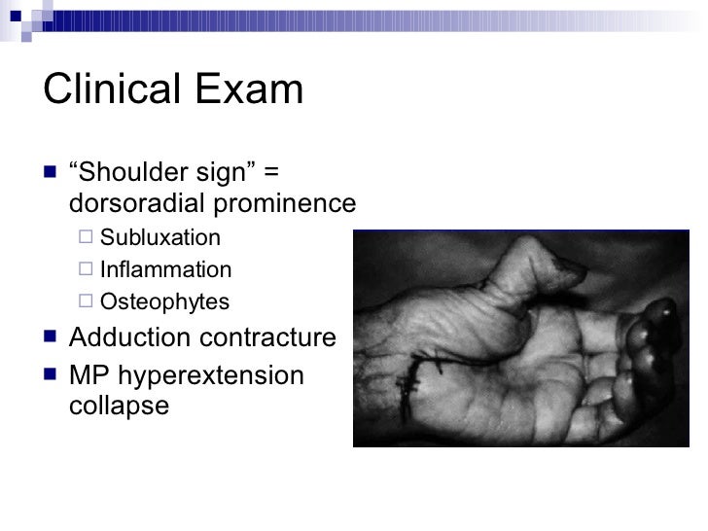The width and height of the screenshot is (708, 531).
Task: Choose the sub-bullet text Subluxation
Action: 160,238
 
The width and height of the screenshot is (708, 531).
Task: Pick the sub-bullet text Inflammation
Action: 166,270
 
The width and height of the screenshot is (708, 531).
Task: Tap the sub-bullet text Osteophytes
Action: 165,301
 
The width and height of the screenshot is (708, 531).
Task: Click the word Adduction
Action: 127,337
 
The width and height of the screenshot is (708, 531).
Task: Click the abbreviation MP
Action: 88,374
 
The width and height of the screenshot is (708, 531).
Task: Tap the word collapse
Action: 120,406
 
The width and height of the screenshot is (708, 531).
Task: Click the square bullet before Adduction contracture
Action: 51,338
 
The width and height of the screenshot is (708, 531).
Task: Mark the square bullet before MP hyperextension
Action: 51,374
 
